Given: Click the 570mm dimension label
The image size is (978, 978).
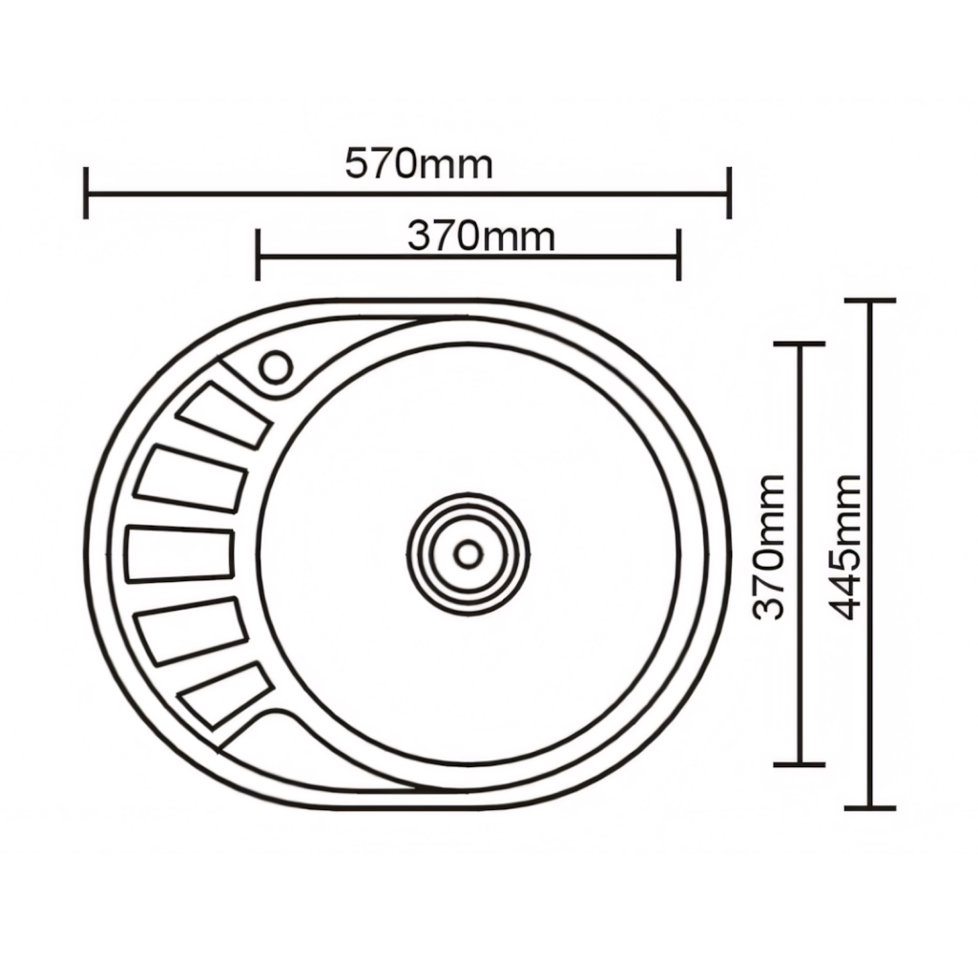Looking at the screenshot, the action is tap(419, 164).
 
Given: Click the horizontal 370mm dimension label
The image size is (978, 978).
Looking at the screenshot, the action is tap(481, 237).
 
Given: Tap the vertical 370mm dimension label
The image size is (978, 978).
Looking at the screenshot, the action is tap(768, 547).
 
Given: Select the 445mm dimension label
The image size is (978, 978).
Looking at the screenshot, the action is tap(845, 547).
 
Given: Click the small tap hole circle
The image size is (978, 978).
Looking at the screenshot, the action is tap(275, 367).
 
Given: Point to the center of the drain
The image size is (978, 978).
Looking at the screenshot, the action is tap(468, 553).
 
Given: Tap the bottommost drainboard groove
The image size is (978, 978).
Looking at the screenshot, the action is tap(225, 695).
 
